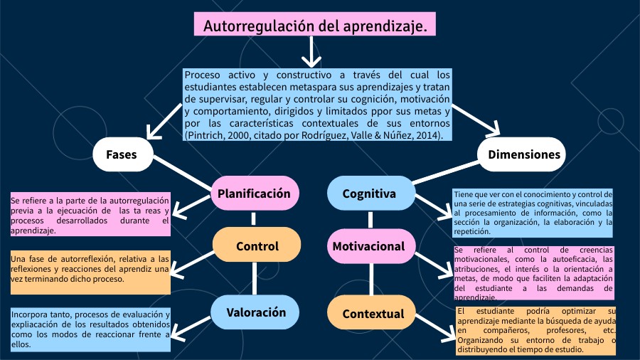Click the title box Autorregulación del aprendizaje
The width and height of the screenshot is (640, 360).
[315, 26]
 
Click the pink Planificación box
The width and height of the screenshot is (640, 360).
[254, 194]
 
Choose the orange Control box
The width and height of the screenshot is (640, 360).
[257, 247]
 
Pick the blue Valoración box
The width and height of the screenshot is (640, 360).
[256, 312]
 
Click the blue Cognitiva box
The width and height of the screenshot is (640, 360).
[370, 194]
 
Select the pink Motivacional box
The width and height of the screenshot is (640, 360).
[370, 247]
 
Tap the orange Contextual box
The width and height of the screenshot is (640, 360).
[373, 314]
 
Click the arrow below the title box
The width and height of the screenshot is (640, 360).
[311, 52]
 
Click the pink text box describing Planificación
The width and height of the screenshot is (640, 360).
[90, 215]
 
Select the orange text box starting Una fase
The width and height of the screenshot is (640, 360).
[90, 271]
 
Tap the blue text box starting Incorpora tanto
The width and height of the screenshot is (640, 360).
[90, 329]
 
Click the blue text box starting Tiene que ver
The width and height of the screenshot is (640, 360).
[533, 212]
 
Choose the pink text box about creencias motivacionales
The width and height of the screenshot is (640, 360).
[533, 273]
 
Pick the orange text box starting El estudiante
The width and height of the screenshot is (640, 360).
[535, 331]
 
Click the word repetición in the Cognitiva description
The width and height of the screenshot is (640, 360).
[471, 231]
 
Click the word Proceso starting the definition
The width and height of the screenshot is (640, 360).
[202, 74]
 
